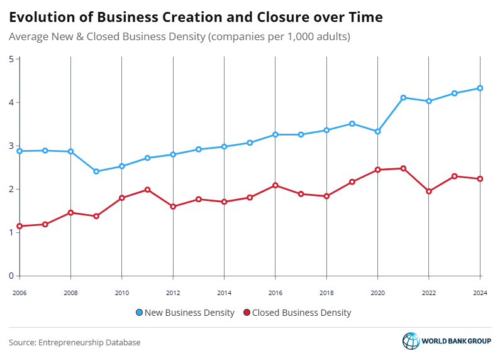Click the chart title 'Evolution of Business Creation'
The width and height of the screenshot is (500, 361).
196,17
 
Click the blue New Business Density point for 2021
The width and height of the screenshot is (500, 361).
403,98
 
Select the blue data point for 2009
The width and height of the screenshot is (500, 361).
96,171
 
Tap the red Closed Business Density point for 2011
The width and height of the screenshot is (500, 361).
147,190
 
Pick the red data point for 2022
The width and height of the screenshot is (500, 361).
429,191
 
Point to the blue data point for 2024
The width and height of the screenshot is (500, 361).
480,89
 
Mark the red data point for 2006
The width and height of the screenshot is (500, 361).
19,226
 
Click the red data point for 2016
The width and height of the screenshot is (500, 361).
275,185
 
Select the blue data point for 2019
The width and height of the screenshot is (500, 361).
352,124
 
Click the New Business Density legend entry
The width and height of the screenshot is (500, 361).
185,313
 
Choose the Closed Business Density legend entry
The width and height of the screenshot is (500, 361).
297,313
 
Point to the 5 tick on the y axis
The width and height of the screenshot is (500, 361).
11,59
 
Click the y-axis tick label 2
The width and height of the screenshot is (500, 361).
11,190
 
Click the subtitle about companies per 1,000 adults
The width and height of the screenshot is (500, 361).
179,36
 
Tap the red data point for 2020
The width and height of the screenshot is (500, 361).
377,170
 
